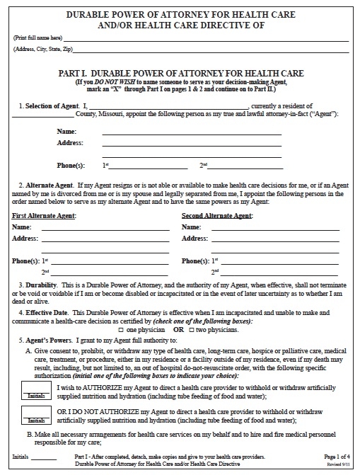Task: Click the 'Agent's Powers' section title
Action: [47, 339]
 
